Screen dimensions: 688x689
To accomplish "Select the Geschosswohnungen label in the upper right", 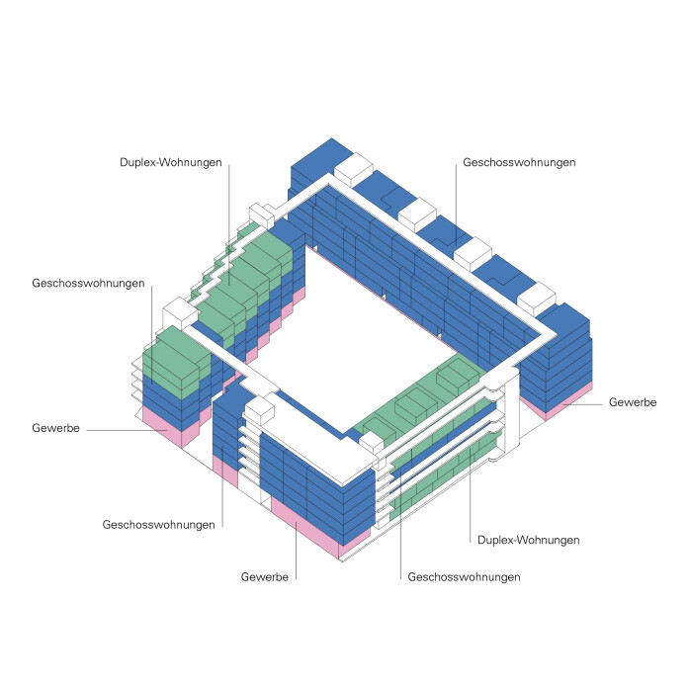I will click(520, 161).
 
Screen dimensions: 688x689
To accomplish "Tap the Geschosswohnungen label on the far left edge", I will click(88, 283).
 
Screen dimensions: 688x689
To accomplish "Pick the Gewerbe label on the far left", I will click(56, 429).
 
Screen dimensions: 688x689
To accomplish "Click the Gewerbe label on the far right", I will click(633, 402).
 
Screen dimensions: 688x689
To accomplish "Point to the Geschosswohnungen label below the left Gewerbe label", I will click(158, 524).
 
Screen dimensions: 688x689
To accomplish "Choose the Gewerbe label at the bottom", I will click(265, 575).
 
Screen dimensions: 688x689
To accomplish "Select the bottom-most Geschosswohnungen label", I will click(464, 575).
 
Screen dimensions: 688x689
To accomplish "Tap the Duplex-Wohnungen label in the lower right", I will click(528, 540).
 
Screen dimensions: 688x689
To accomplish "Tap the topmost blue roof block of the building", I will click(321, 158).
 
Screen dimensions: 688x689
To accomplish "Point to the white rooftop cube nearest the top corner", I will click(353, 169).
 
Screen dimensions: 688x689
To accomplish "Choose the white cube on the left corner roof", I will click(182, 312).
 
